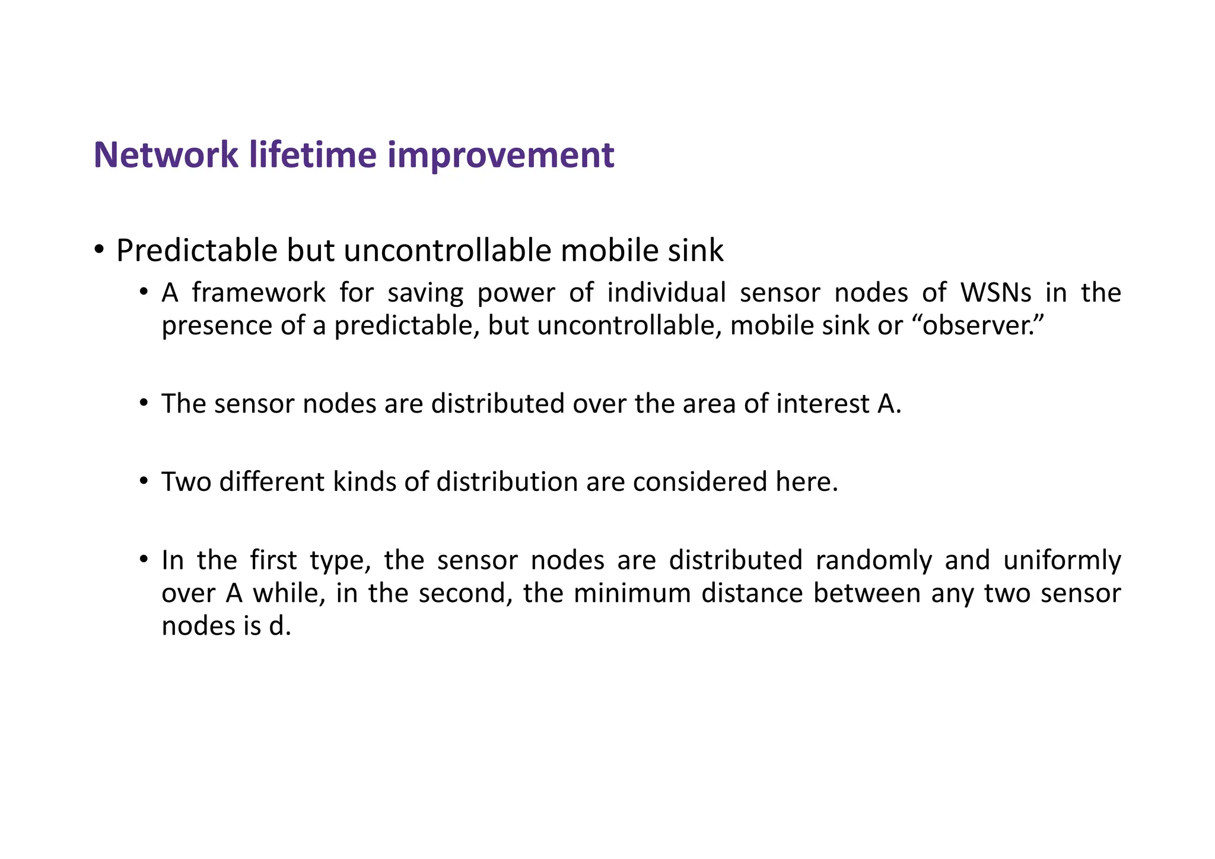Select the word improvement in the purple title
pos(501,155)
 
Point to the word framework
pos(259,293)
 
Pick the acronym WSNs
pos(996,293)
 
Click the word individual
pos(666,293)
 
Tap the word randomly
pos(873,560)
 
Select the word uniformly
pos(1061,560)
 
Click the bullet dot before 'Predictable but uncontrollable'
pos(99,249)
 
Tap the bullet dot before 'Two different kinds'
pos(144,481)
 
